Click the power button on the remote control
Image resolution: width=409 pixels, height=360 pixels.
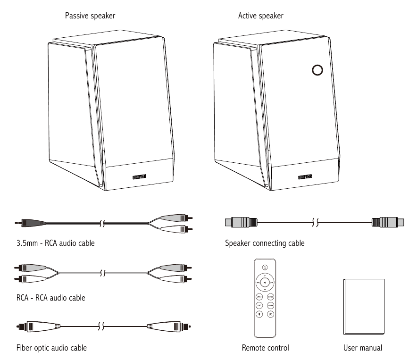265,268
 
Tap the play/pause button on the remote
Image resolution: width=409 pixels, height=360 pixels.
265,283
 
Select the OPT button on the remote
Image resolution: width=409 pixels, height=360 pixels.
259,305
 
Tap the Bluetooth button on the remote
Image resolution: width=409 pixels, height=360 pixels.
259,314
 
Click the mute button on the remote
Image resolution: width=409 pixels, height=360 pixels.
271,314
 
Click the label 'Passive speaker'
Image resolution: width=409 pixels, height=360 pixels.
90,16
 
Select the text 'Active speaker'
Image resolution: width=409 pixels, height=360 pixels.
261,16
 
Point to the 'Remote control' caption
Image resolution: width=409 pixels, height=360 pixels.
265,348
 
